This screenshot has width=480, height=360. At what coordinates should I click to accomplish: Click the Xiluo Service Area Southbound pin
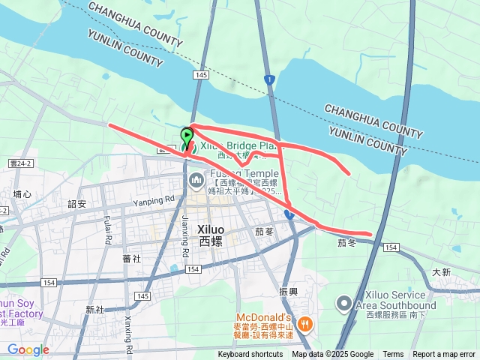point(343,303)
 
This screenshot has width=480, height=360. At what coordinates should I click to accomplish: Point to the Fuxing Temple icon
point(196,179)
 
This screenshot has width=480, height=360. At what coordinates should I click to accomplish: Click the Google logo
point(28,349)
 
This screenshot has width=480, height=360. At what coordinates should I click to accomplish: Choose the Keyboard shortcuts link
point(250,355)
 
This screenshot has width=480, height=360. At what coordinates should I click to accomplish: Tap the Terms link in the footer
point(393,355)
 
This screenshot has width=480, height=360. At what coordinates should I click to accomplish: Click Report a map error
point(444,355)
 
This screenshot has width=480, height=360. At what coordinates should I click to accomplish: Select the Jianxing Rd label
point(184,229)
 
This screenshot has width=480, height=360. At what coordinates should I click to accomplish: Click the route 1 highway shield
point(269,79)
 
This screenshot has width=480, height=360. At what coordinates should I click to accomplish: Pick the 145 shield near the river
point(199,76)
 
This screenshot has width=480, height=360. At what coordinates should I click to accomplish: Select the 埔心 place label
point(22,194)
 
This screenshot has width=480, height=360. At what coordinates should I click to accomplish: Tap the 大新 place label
point(441,272)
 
